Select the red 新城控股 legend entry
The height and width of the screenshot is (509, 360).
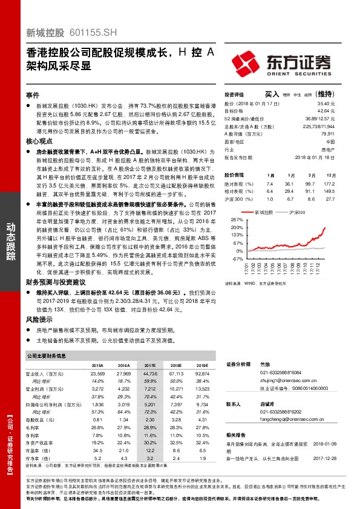[x=261, y=213]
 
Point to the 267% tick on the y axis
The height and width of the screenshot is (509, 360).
[x=237, y=219]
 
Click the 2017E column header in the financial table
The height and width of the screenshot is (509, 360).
[x=149, y=366]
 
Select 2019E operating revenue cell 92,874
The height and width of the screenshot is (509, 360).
[x=202, y=374]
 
